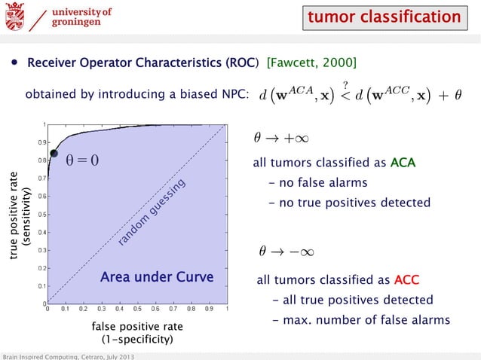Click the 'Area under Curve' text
157,278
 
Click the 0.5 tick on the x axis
136,309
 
